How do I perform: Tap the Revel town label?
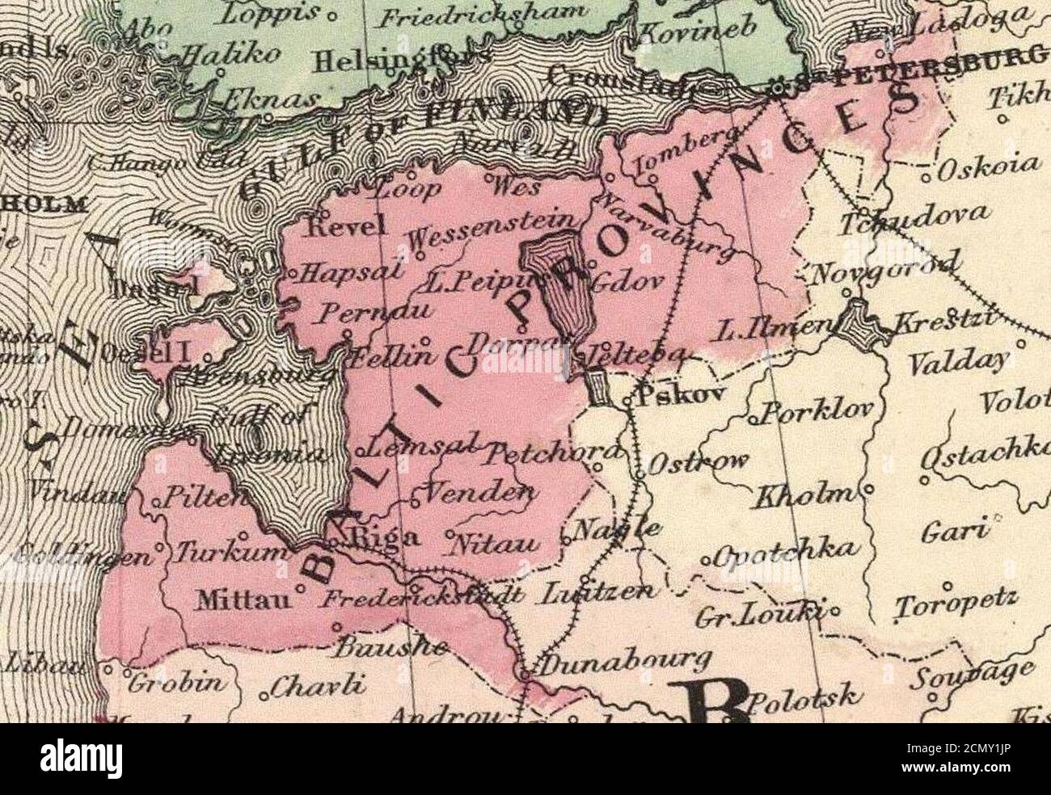[x=343, y=228]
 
